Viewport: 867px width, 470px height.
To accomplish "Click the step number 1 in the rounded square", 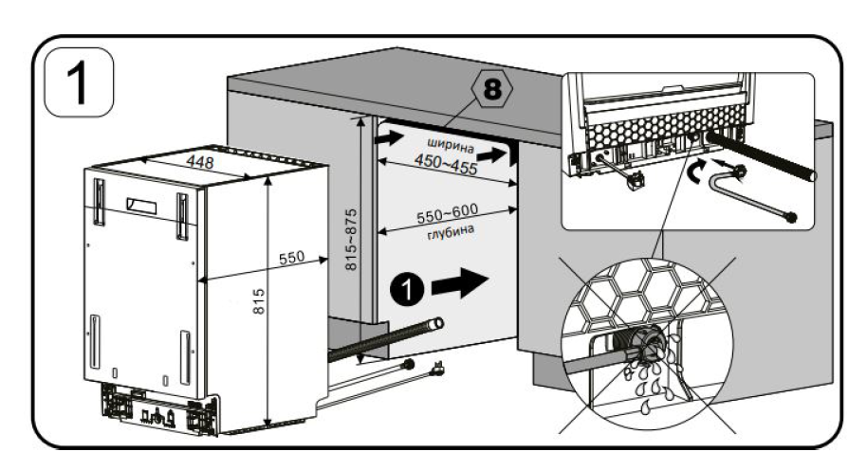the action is (79, 82).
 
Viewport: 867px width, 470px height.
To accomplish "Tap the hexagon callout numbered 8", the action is (492, 88).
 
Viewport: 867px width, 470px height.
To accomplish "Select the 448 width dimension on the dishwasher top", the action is (199, 162).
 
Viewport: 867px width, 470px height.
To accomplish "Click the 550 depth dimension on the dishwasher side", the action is (291, 258).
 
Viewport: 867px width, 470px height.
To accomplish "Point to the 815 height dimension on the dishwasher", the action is (258, 301).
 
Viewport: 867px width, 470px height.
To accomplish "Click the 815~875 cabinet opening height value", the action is (351, 240).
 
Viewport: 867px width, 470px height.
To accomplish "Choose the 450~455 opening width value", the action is (446, 164).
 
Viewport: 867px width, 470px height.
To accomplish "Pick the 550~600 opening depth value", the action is (448, 213).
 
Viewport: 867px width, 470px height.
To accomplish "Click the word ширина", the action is (451, 145).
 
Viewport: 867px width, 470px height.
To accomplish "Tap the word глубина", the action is (451, 232).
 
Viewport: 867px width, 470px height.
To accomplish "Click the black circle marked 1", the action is (407, 289).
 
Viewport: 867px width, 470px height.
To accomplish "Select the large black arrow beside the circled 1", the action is (459, 282).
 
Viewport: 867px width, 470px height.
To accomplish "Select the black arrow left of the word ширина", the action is (389, 137).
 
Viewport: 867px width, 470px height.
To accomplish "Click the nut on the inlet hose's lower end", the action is (791, 217).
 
